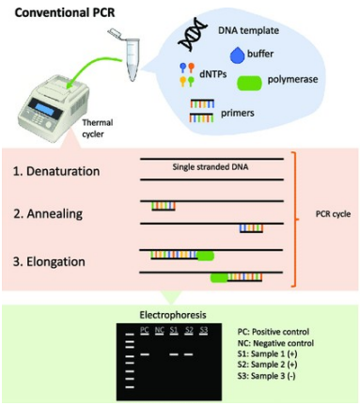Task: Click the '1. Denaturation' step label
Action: point(59,173)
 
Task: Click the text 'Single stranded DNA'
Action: point(211,167)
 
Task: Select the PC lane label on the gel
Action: point(144,330)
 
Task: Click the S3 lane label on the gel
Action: point(204,330)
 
